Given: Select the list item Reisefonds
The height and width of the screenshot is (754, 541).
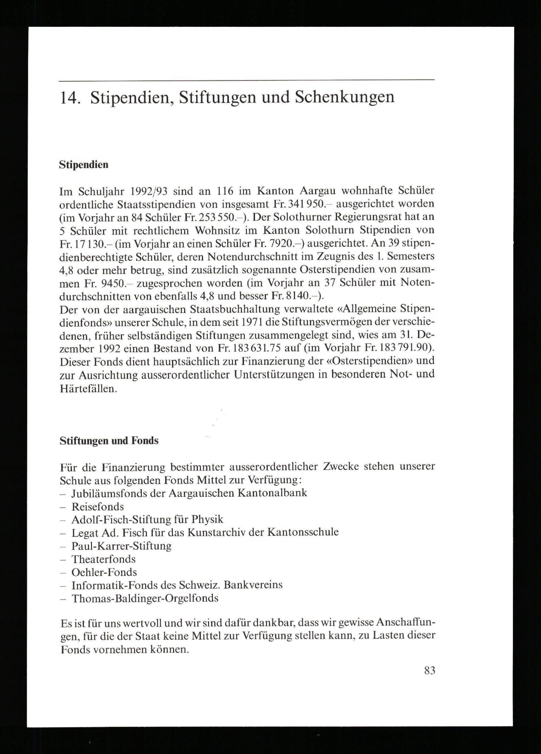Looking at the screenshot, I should (97, 507).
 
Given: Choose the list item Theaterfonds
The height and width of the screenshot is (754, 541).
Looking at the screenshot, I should (104, 559).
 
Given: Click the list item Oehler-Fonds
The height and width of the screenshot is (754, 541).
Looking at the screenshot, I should (104, 572).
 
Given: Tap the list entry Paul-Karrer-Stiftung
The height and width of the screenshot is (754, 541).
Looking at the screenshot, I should (121, 546).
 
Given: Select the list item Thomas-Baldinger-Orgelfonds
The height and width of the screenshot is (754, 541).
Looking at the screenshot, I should (145, 598).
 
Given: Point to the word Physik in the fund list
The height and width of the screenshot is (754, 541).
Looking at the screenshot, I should (207, 520).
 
